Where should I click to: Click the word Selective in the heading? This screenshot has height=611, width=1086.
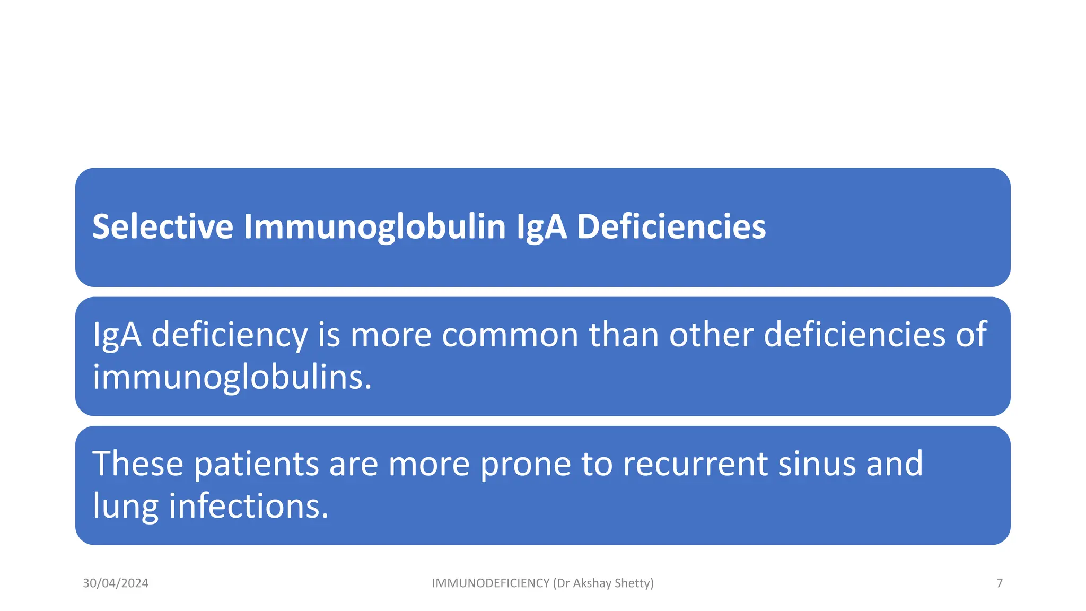(x=163, y=226)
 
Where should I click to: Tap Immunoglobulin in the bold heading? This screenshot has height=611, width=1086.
(x=375, y=226)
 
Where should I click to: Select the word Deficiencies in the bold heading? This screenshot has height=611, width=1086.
(x=671, y=226)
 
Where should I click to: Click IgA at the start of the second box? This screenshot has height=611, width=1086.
(x=117, y=335)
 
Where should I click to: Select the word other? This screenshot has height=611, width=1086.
(x=711, y=335)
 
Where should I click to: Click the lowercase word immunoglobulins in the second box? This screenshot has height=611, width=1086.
(x=232, y=378)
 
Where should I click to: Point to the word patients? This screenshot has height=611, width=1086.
(x=256, y=464)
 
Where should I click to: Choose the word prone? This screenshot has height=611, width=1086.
(x=525, y=464)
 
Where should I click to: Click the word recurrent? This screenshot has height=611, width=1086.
(x=695, y=464)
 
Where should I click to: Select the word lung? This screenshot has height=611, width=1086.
(x=126, y=507)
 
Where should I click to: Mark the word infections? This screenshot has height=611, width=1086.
(x=249, y=507)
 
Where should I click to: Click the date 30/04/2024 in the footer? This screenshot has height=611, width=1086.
(x=116, y=583)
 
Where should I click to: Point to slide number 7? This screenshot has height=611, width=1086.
(x=1000, y=583)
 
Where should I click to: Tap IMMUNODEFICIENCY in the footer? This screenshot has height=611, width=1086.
(x=491, y=583)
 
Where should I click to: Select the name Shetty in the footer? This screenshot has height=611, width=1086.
(x=634, y=583)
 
